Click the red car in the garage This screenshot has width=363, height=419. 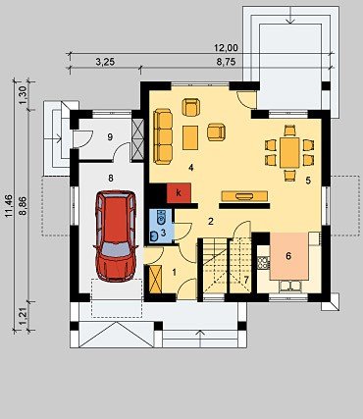(116, 236)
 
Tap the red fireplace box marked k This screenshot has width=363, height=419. (179, 193)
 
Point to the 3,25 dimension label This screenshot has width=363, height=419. (105, 63)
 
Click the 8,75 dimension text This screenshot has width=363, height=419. (226, 63)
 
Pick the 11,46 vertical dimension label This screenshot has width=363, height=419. (9, 206)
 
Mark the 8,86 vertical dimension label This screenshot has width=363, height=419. (23, 206)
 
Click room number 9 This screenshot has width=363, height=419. (110, 137)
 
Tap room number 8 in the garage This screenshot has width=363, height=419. (111, 178)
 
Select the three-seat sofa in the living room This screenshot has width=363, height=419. (163, 136)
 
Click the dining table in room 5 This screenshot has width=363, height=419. (289, 153)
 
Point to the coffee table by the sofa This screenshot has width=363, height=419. (190, 137)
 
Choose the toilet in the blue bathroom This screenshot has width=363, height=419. (162, 218)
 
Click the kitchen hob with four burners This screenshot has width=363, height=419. (263, 262)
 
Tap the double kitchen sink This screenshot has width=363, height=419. (289, 287)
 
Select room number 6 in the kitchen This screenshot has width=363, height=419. (288, 256)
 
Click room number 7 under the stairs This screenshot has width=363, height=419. (246, 280)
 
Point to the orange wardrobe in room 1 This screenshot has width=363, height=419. (155, 280)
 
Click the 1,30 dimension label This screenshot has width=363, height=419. (23, 96)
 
